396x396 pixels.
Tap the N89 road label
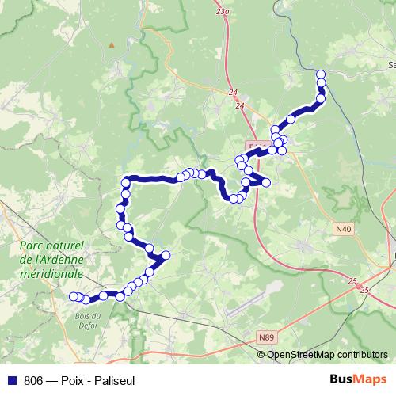coord(267,337)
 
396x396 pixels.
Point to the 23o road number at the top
coord(222,13)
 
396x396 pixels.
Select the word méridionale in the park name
coord(51,273)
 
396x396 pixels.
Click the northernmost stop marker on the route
coord(321,74)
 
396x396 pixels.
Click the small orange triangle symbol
coord(112,44)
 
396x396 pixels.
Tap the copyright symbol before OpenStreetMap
coord(261,354)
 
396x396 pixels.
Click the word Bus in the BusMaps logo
coord(345,379)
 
